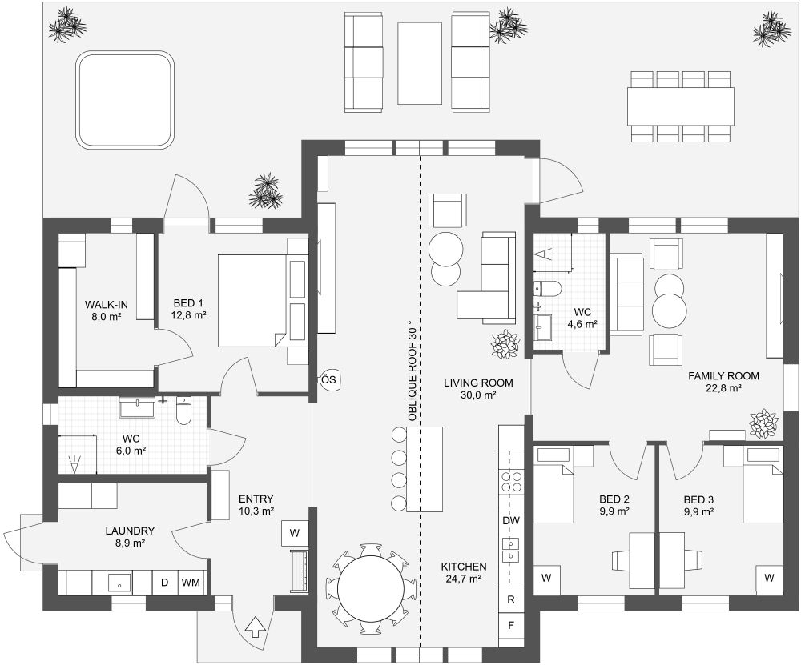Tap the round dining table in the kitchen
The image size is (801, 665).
click(x=370, y=589)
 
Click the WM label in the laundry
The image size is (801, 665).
click(x=191, y=582)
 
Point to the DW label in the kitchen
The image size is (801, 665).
click(x=511, y=521)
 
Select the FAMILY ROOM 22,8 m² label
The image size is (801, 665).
click(x=723, y=381)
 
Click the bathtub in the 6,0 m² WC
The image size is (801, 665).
click(x=140, y=408)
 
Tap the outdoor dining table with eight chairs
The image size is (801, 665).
click(x=680, y=106)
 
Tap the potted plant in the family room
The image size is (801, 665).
click(x=763, y=423)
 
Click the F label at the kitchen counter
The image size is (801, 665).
click(x=511, y=624)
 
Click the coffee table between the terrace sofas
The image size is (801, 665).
click(x=420, y=63)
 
